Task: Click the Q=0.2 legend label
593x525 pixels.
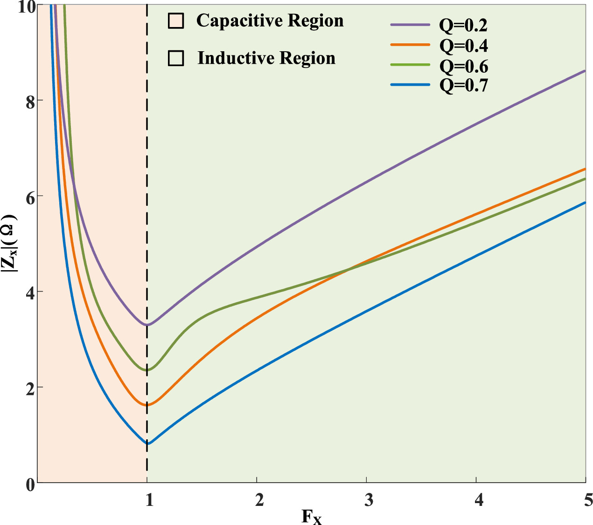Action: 463,26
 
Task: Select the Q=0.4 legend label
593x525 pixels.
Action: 463,46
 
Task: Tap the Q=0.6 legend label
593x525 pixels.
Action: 463,67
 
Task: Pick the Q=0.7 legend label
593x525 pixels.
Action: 463,86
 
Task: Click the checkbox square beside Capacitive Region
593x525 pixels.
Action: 176,21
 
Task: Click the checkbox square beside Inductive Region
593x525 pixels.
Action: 176,58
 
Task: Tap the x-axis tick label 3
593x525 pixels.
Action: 369,500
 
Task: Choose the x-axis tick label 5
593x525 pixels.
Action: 587,500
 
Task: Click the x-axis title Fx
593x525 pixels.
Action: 311,517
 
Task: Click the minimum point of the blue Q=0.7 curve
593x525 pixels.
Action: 147,443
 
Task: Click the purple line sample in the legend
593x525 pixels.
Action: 409,25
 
